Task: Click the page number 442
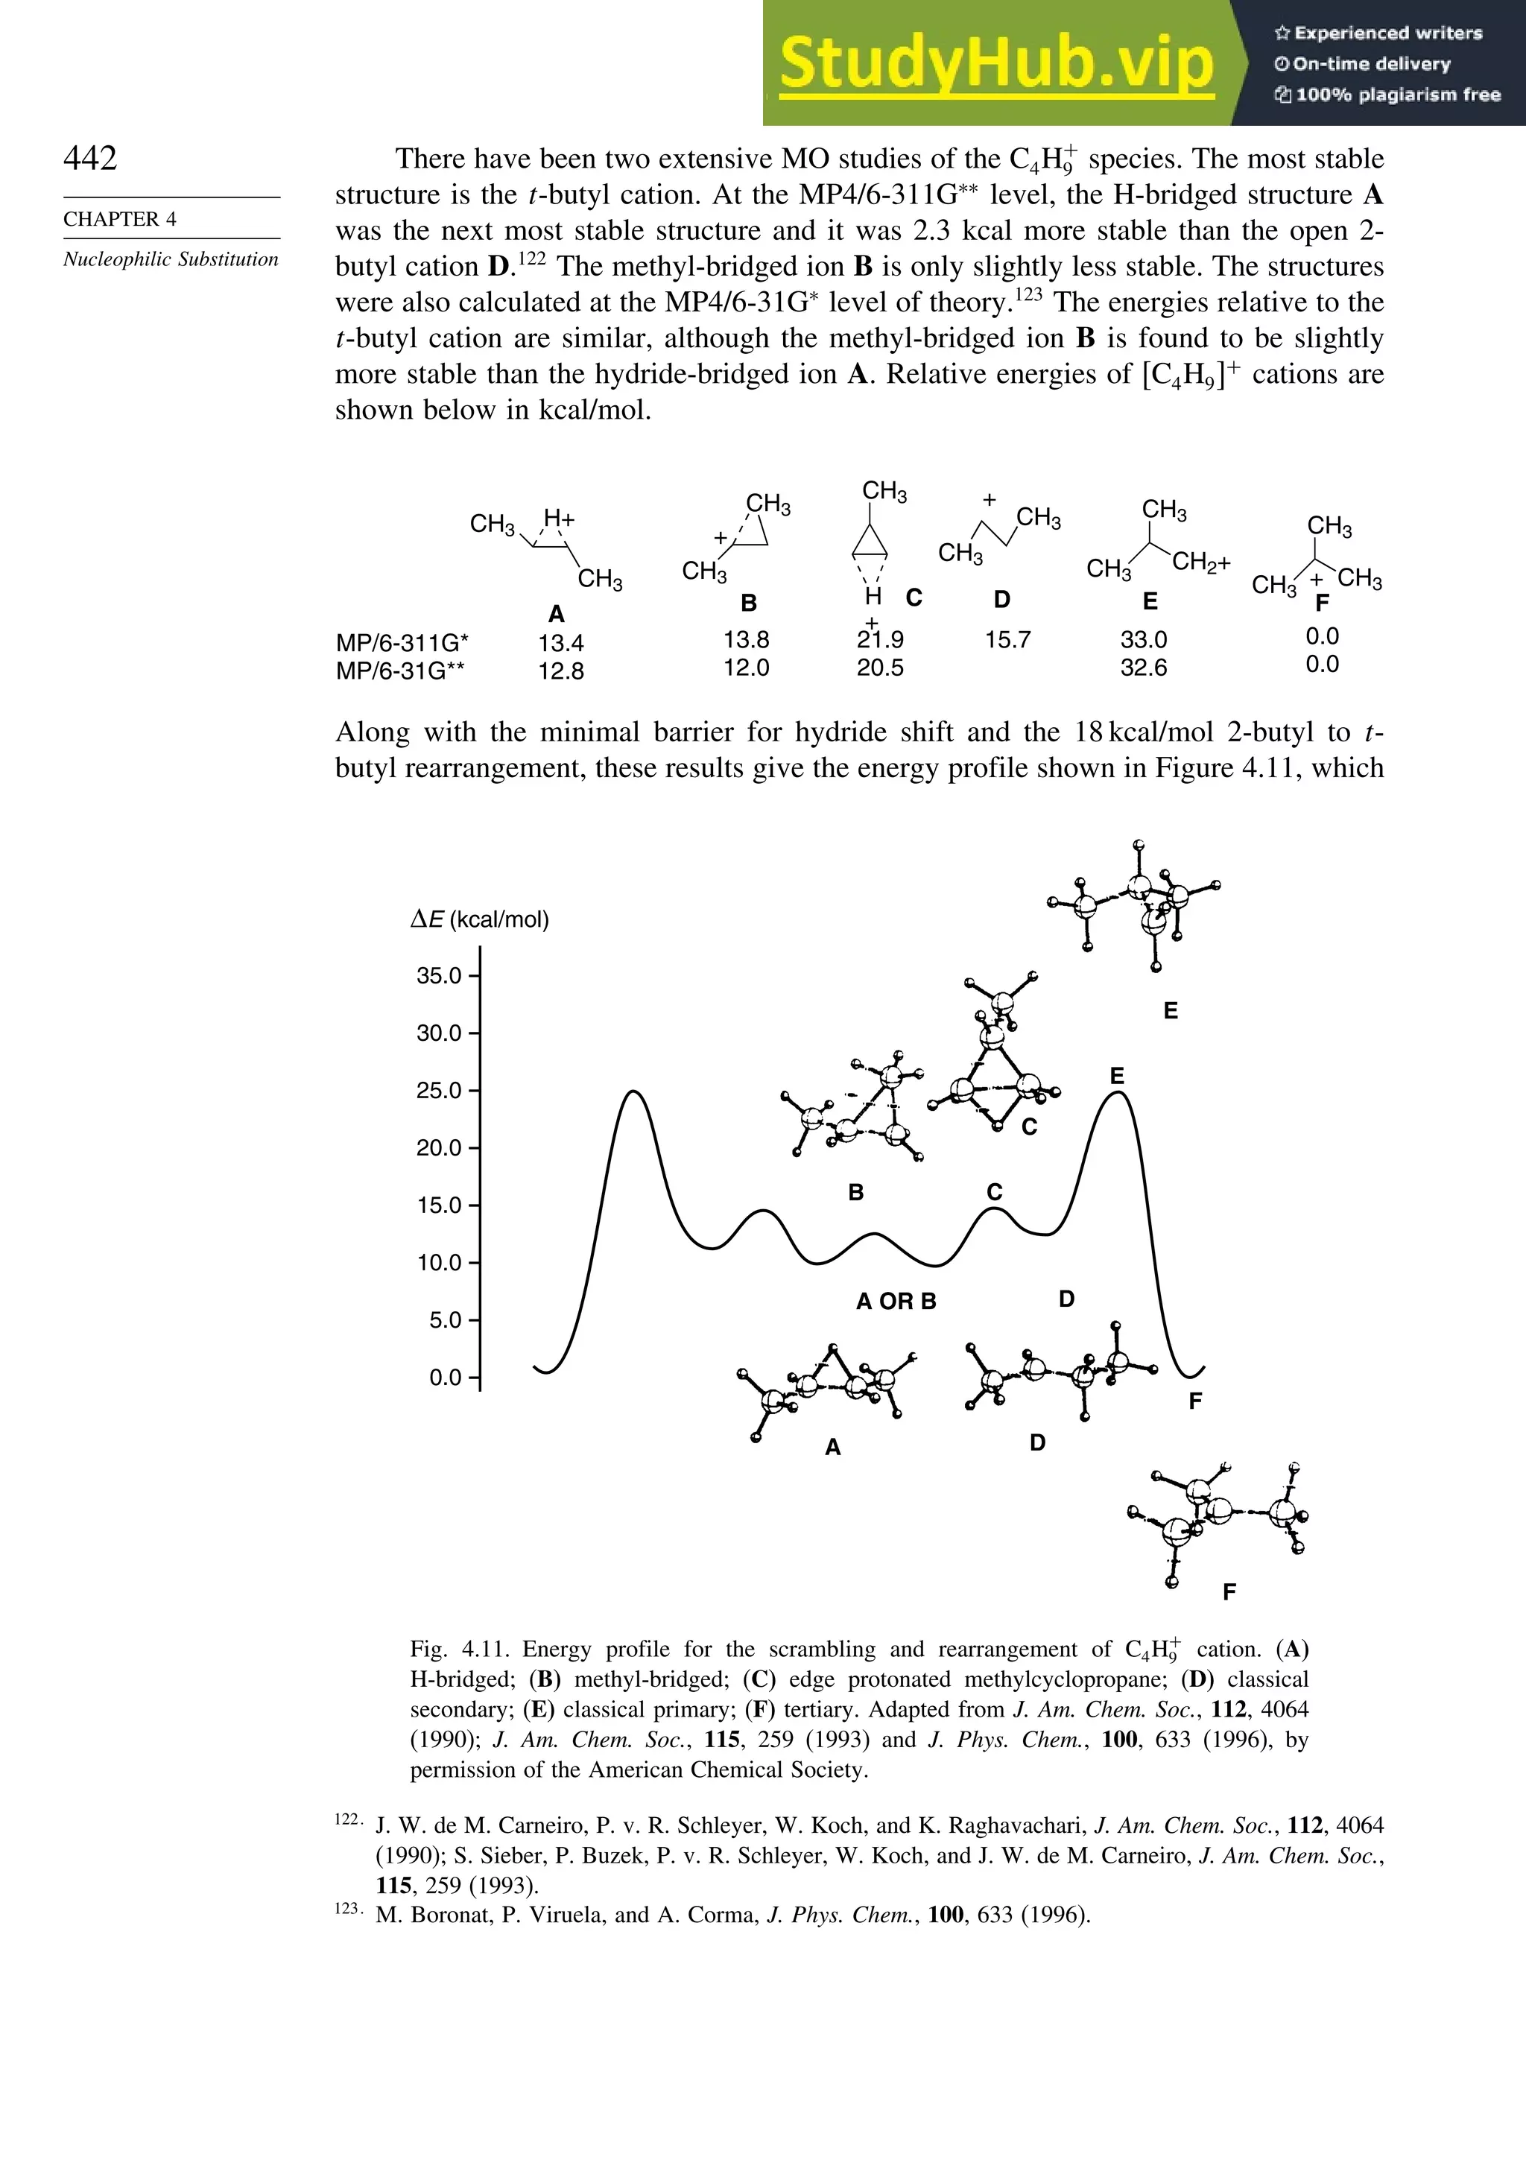click(90, 158)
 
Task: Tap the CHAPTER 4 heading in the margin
click(120, 219)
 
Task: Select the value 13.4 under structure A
click(560, 643)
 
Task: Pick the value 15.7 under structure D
click(1007, 640)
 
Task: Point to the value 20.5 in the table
click(879, 668)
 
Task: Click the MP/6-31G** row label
click(400, 671)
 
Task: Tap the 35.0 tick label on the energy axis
click(439, 976)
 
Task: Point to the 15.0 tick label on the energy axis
click(439, 1205)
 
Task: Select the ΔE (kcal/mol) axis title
click(480, 919)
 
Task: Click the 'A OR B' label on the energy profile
click(896, 1302)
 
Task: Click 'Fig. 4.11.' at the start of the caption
click(454, 1650)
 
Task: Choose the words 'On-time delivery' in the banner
click(1371, 63)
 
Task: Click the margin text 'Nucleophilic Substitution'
click(171, 260)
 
